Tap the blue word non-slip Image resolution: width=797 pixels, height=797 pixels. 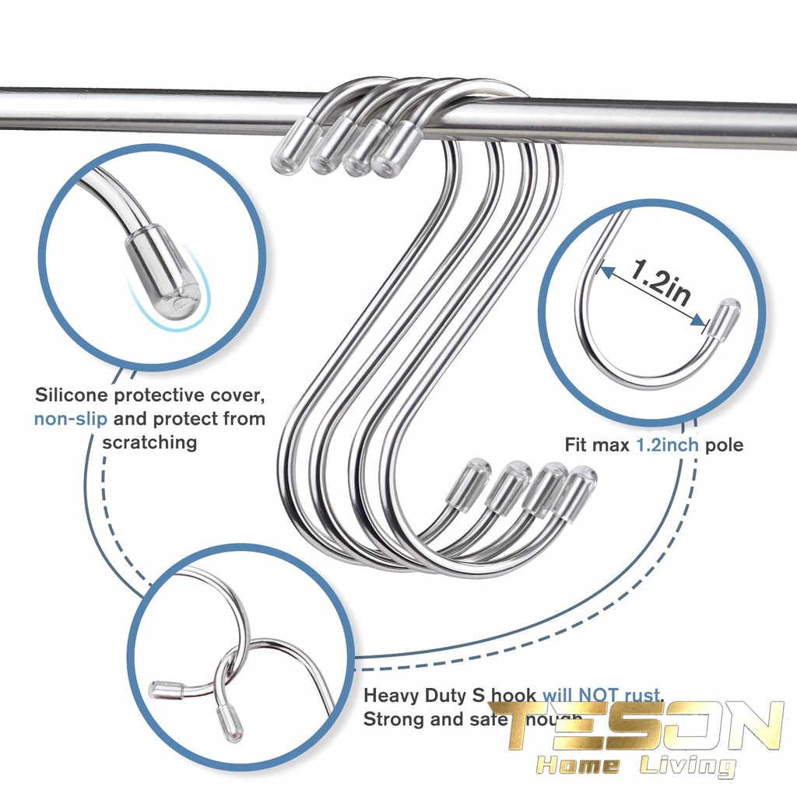(x=71, y=419)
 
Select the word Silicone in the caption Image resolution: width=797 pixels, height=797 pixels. (x=71, y=395)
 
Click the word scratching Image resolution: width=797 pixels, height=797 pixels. (x=149, y=442)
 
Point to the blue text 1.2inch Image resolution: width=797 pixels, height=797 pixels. (x=669, y=445)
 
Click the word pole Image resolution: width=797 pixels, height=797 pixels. (x=724, y=445)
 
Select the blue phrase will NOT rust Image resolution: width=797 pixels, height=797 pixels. (x=602, y=694)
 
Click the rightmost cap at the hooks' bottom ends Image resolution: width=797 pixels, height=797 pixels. (x=577, y=490)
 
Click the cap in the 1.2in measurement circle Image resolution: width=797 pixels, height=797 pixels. (x=724, y=319)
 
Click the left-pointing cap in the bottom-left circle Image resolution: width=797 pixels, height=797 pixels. (x=166, y=689)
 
